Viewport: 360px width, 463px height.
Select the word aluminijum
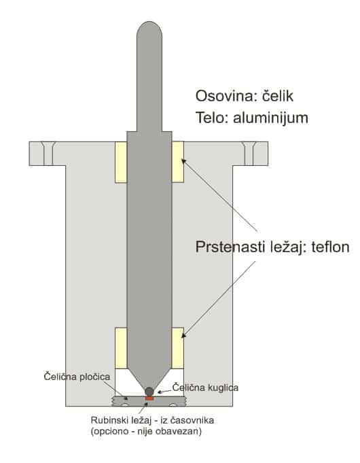click(270, 118)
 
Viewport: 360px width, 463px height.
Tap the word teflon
click(331, 247)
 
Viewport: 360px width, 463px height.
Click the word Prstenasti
click(230, 247)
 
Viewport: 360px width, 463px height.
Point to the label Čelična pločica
click(77, 377)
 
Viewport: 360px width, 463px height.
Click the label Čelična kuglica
click(205, 388)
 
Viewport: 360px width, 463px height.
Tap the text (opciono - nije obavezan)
click(146, 432)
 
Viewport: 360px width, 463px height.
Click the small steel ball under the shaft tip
click(149, 392)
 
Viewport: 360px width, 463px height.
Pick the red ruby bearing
click(149, 398)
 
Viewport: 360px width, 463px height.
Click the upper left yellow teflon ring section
click(121, 162)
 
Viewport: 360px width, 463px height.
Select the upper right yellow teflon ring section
click(178, 162)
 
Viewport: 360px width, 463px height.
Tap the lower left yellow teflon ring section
click(121, 348)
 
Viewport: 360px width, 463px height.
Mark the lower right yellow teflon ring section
click(178, 348)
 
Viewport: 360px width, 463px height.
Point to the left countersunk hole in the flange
click(48, 154)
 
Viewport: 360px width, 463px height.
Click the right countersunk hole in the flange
click(249, 154)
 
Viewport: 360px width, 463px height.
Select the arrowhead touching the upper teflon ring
click(183, 161)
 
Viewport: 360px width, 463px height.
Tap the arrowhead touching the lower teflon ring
click(183, 335)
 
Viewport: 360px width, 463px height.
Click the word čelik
click(278, 96)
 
